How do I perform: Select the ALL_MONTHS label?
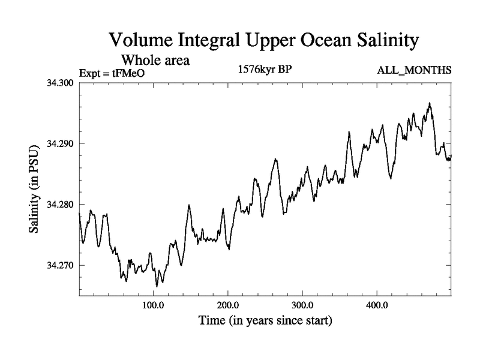(x=414, y=71)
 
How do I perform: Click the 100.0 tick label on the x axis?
(x=154, y=305)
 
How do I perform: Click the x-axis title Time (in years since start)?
(x=265, y=320)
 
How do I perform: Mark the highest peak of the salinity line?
(x=430, y=103)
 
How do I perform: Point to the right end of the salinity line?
(x=451, y=157)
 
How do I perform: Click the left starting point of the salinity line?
(x=79, y=213)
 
